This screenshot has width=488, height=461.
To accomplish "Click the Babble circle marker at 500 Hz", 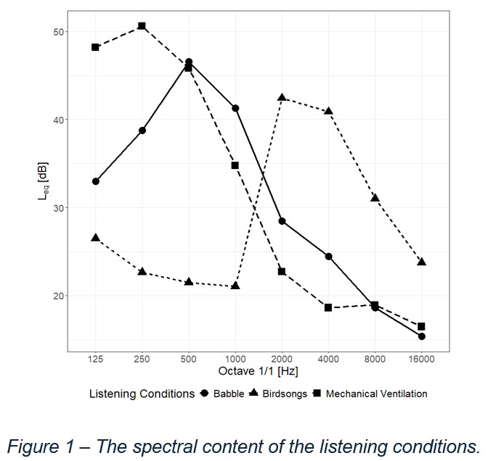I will [189, 62].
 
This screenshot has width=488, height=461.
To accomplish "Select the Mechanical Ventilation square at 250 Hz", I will [142, 26].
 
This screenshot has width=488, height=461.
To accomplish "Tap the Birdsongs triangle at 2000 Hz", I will [282, 97].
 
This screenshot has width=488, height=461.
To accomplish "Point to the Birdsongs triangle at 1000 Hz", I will [235, 286].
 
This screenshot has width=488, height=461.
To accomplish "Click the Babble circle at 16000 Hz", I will [421, 336].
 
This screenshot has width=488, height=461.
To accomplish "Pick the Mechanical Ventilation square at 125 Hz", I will [95, 47].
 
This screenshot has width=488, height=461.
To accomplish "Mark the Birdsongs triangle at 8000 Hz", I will [375, 197].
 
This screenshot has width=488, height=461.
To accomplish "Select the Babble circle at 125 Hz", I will [95, 181].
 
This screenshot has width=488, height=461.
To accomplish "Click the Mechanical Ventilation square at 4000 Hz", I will [328, 307].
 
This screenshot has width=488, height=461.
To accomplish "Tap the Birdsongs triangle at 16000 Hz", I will [421, 261].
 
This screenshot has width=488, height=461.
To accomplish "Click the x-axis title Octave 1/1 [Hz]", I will [258, 371].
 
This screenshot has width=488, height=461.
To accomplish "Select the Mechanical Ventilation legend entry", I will [376, 394].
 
